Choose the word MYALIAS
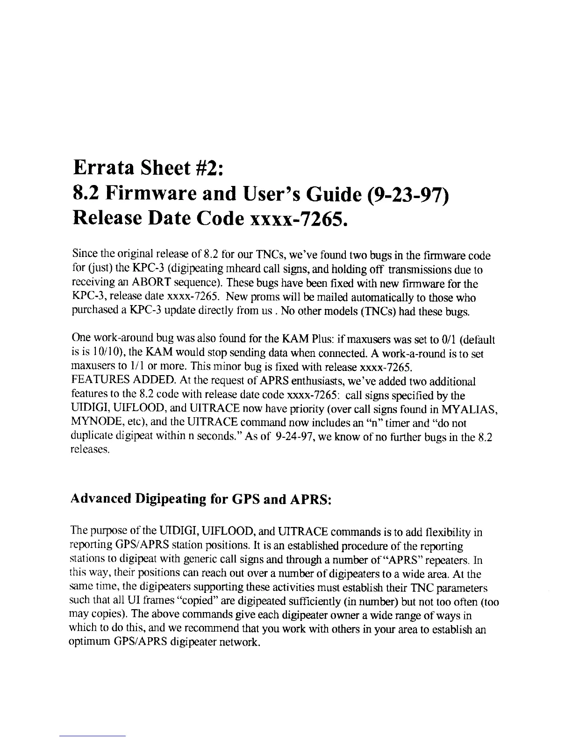(x=468, y=410)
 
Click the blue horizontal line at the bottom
(x=93, y=736)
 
